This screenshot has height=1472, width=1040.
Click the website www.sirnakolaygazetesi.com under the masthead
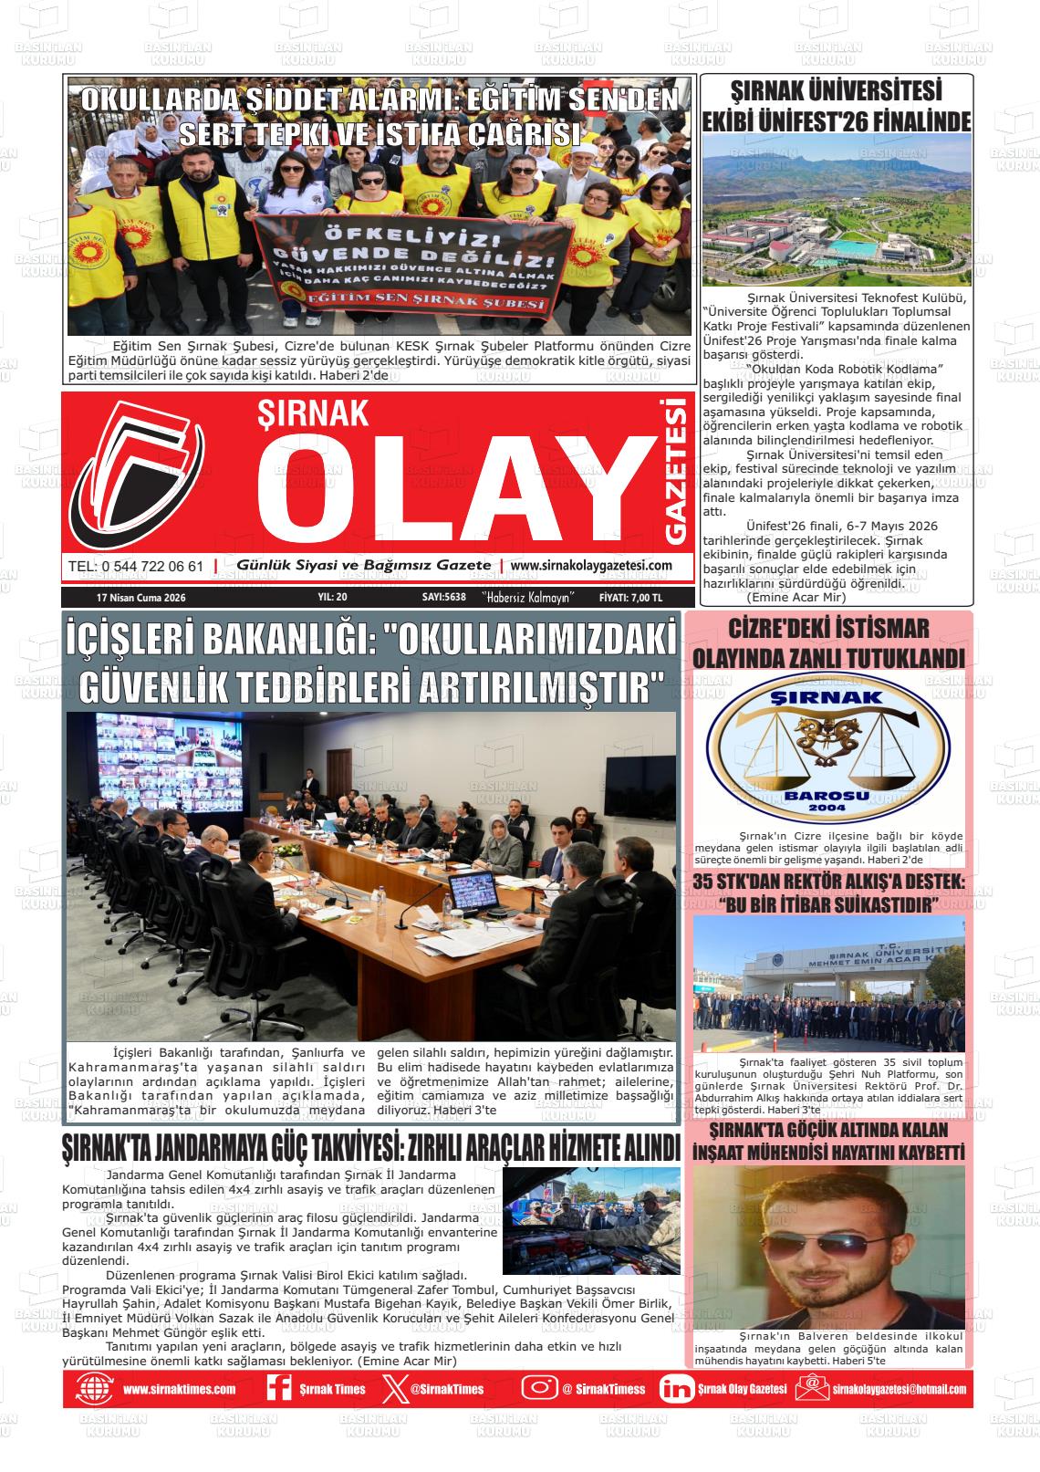591,566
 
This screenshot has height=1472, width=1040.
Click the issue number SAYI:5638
444,597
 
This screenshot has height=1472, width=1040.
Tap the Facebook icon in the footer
278,1388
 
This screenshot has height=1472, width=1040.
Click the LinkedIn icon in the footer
676,1388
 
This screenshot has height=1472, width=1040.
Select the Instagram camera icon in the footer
539,1388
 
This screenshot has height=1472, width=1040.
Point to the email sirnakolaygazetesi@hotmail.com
899,1389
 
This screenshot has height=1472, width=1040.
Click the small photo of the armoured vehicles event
591,1221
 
